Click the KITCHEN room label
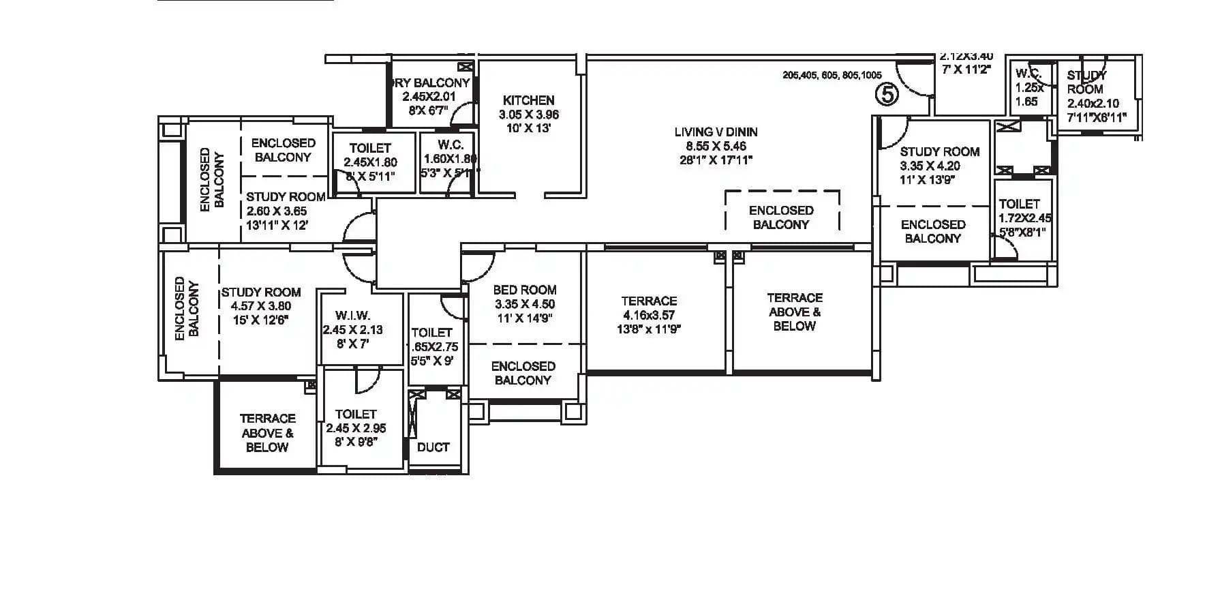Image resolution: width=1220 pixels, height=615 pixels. tap(528, 100)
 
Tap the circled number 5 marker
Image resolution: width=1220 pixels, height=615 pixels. tap(887, 94)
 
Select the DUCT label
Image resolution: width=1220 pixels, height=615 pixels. tap(433, 447)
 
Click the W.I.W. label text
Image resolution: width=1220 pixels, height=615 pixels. tap(353, 316)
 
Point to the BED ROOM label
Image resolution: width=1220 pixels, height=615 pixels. tap(524, 290)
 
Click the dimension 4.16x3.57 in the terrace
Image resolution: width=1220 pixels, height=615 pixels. tap(649, 315)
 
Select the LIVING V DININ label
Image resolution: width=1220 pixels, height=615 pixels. tap(716, 132)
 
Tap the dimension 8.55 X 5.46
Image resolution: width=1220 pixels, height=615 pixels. tap(716, 146)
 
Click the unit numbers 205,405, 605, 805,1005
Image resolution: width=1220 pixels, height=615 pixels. tap(832, 76)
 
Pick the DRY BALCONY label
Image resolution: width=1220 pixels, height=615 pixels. tap(431, 83)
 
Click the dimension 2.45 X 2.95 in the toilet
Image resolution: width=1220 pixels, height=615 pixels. tap(356, 428)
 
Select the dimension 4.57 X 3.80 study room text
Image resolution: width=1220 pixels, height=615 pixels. tap(260, 306)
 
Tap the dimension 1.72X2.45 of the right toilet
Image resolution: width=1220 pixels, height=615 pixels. tap(1024, 218)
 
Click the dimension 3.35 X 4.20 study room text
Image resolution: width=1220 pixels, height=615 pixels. tap(930, 166)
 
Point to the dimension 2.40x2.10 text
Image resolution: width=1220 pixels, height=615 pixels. tap(1093, 104)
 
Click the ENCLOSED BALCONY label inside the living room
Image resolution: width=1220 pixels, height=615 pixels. tap(781, 217)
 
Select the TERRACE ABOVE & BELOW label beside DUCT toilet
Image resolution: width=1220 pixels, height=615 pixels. tap(267, 432)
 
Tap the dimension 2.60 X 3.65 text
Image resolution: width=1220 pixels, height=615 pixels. tap(276, 211)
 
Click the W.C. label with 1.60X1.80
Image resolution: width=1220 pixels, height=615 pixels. tap(451, 145)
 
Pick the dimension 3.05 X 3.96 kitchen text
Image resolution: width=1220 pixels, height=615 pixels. tap(529, 115)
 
